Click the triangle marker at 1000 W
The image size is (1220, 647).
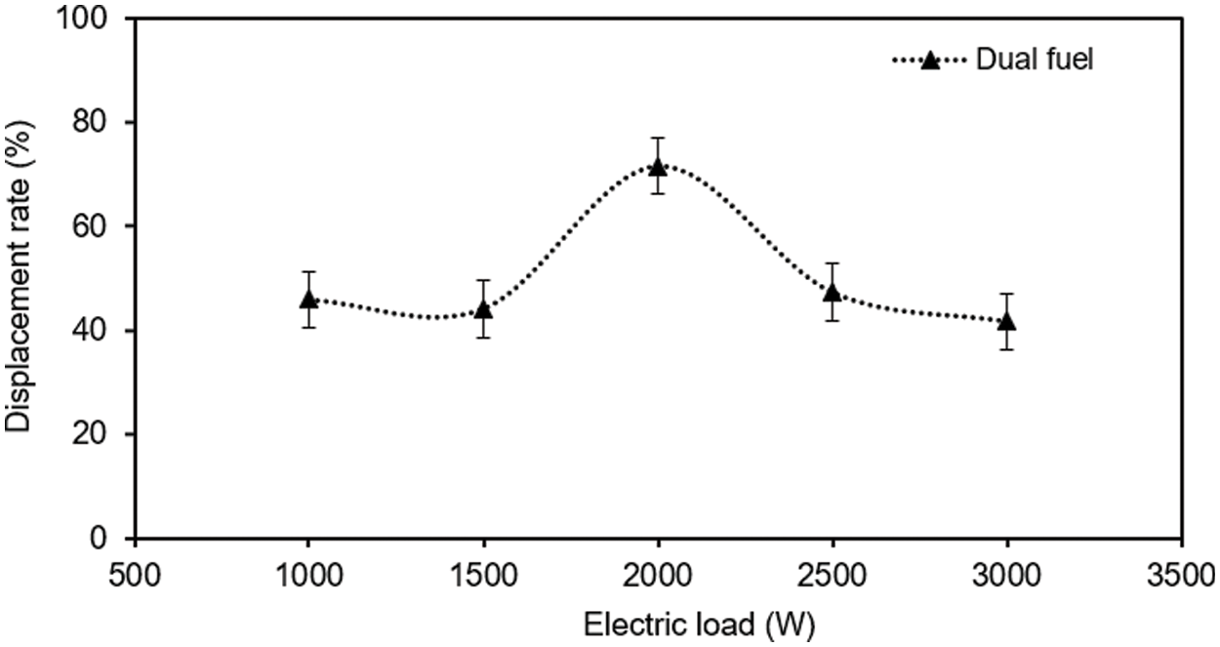(308, 299)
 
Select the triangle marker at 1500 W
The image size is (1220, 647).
(483, 309)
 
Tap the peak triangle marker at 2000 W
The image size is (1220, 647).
(658, 166)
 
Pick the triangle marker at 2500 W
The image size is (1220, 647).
(833, 292)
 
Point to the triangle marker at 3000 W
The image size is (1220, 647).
(1006, 321)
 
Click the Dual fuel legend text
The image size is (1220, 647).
(1035, 60)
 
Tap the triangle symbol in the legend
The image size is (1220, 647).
(930, 61)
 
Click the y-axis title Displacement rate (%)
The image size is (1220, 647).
(18, 279)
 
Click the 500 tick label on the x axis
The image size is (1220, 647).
(134, 568)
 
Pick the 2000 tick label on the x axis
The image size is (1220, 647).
(658, 568)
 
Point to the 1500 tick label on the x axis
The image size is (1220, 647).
(483, 568)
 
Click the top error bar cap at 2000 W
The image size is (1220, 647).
(658, 139)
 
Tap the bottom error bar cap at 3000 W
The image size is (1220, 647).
(1006, 349)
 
